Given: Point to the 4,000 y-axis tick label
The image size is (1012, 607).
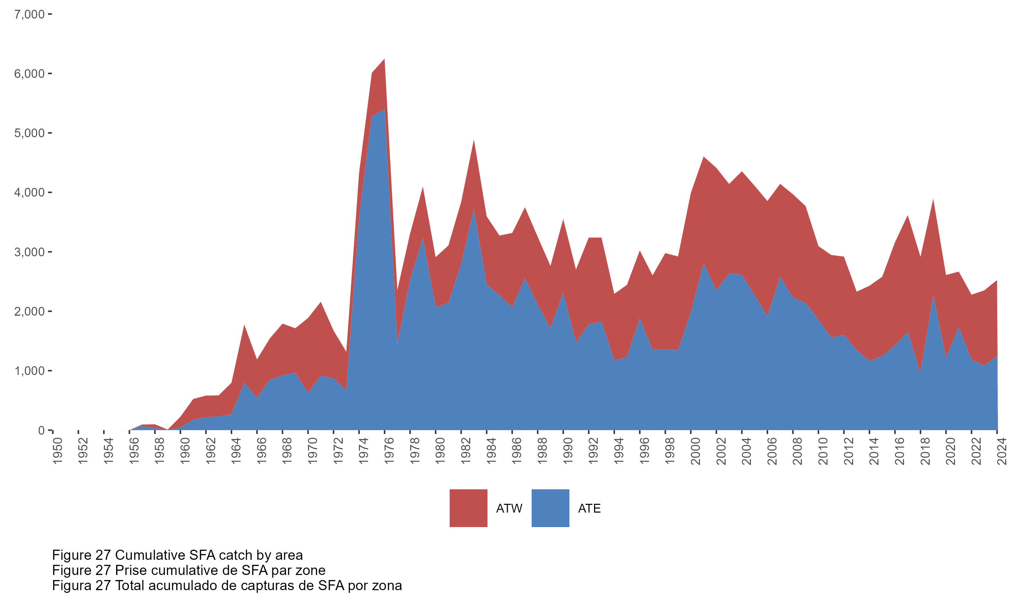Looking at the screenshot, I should (29, 192).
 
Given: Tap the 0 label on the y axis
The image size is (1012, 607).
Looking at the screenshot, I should (41, 430).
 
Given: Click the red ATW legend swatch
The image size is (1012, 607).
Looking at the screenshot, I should (468, 508).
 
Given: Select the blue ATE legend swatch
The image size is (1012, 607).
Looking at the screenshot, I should (550, 508).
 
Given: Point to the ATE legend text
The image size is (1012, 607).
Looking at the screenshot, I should (589, 509).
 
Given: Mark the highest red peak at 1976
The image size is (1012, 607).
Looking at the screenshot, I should (385, 60).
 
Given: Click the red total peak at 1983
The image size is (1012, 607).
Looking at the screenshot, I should (474, 140).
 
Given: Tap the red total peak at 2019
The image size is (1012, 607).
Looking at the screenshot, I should (933, 200).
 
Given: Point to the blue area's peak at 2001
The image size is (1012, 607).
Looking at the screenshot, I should (704, 264).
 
